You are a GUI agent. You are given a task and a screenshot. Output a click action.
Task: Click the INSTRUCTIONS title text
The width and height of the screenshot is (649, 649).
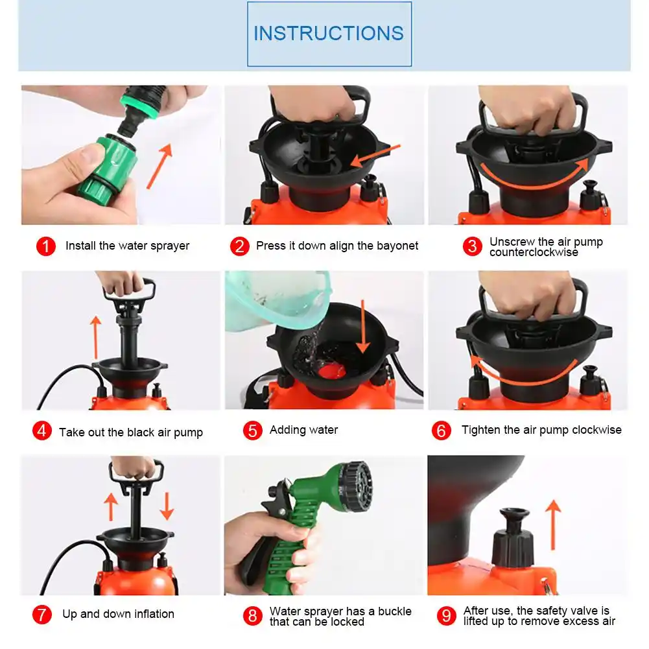329,33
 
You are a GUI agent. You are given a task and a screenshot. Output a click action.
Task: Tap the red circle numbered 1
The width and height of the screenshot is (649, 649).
46,246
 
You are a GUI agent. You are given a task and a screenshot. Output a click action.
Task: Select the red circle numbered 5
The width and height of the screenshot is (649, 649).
252,431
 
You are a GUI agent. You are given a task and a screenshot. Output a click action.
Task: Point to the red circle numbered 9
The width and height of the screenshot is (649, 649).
447,616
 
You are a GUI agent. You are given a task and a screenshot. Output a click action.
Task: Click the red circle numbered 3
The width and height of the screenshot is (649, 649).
472,246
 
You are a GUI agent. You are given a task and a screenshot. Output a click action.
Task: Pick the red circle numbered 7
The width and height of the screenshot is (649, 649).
42,614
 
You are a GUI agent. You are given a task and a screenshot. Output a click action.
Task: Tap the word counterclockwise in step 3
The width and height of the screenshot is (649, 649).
534,252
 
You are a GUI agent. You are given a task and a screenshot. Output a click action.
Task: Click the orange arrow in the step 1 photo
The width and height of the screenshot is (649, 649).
159,166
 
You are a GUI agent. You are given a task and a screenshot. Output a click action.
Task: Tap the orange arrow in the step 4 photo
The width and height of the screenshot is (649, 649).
95,337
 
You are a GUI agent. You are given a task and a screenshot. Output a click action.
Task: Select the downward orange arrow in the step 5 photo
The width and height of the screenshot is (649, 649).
362,326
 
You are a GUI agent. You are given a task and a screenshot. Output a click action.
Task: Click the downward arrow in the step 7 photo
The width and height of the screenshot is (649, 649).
167,506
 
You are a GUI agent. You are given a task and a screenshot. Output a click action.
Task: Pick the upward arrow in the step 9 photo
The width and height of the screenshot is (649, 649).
553,525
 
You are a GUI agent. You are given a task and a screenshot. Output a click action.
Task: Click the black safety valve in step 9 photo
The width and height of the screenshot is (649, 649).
513,538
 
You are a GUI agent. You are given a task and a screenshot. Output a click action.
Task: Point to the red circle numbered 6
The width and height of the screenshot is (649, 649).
442,431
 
